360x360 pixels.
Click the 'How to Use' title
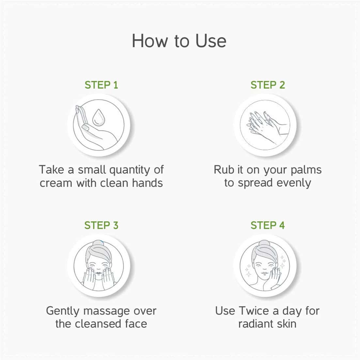[x=179, y=41]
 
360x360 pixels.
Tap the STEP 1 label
[x=101, y=85]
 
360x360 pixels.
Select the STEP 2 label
[x=268, y=85]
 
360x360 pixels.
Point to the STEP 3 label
[x=101, y=225]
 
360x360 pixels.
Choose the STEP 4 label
[x=268, y=225]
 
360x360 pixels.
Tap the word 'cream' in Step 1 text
[x=56, y=183]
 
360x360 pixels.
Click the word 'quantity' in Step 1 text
[x=130, y=170]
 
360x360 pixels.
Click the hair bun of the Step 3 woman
[x=99, y=243]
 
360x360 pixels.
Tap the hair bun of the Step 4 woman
[x=264, y=243]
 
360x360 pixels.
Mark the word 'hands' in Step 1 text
[x=147, y=183]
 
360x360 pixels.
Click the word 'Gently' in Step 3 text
[x=62, y=311]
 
